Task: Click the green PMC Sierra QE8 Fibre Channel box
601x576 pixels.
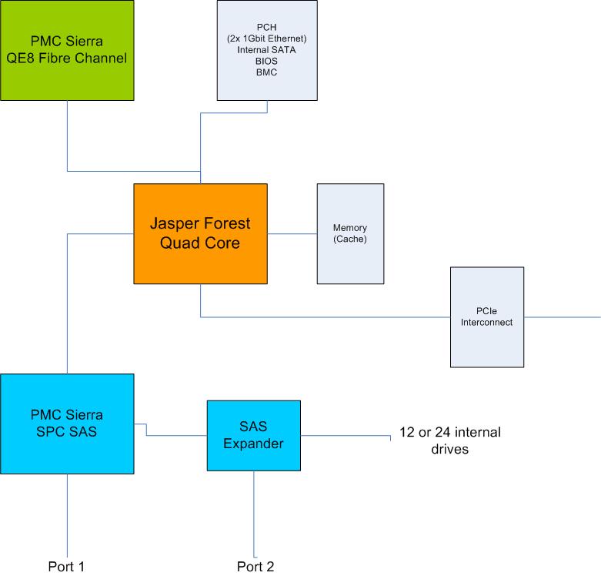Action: (x=67, y=50)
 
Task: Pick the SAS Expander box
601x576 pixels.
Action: (x=254, y=435)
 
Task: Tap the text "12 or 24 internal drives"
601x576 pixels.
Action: (x=449, y=440)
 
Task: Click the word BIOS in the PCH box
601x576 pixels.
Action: (x=267, y=61)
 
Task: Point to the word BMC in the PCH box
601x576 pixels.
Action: (x=267, y=72)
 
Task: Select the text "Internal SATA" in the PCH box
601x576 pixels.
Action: (x=267, y=49)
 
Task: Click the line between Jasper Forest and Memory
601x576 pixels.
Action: (x=292, y=233)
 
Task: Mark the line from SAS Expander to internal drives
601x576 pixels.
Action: (x=346, y=436)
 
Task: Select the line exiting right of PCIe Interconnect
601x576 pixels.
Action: (x=562, y=316)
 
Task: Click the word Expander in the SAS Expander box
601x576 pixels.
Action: (x=254, y=444)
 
